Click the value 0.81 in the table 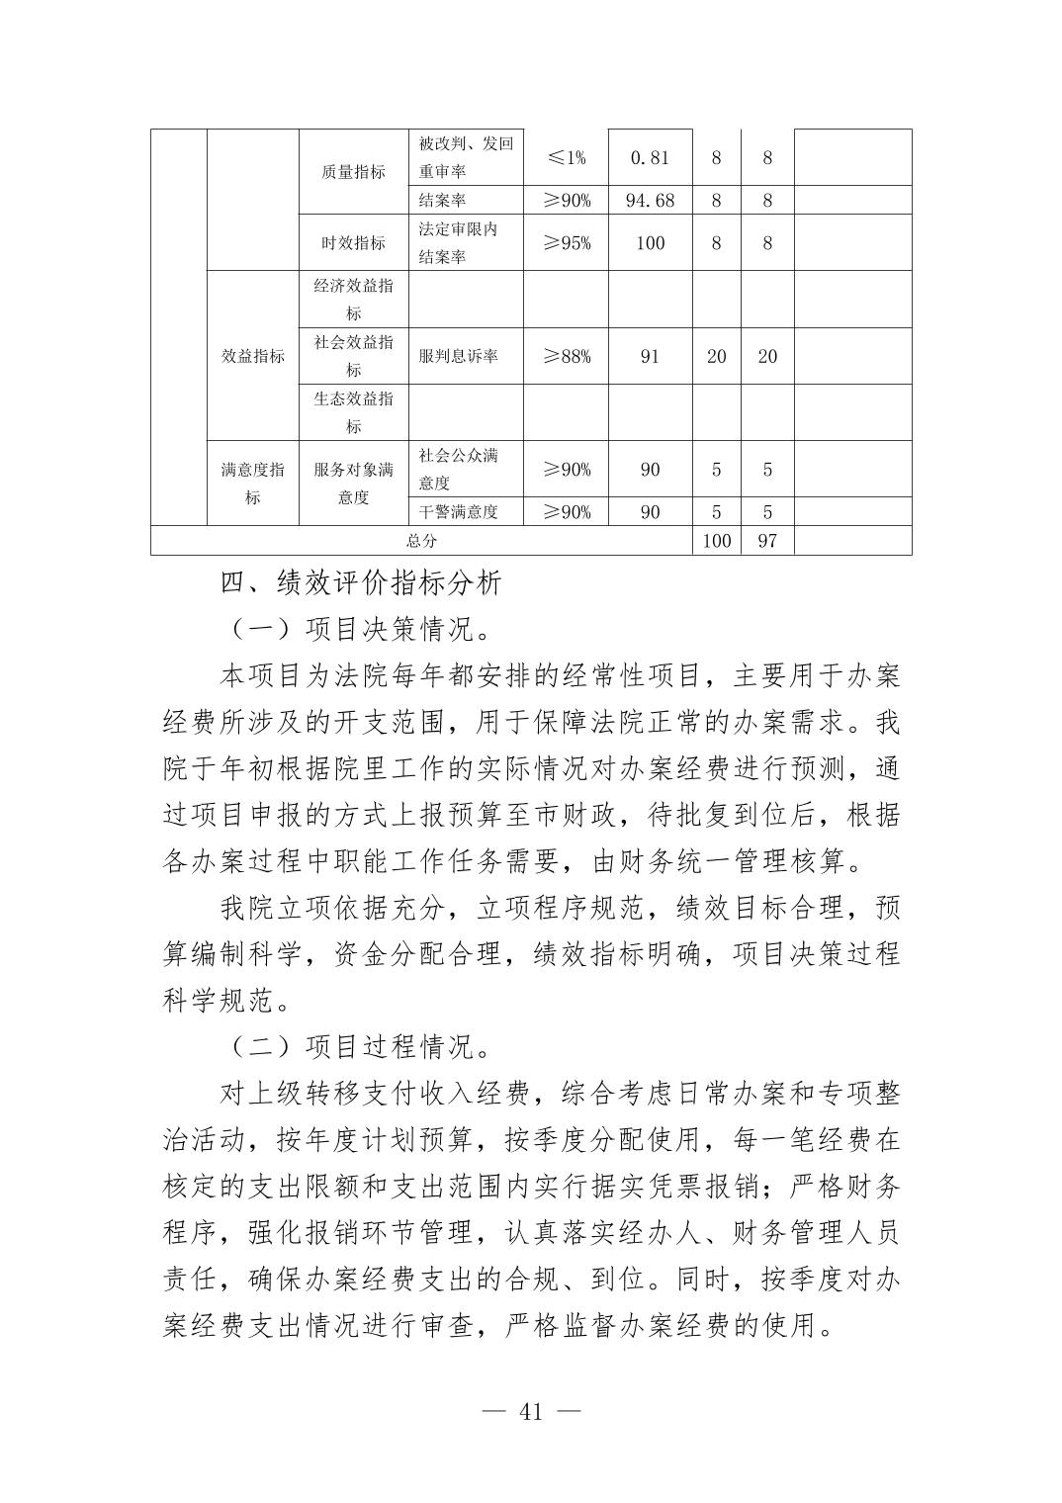650,157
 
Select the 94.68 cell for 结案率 650,201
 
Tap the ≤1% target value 567,157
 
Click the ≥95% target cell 567,243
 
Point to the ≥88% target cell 567,356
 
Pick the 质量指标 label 353,172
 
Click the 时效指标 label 353,243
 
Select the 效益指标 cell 252,356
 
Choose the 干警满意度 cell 458,512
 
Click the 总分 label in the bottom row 421,541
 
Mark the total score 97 767,541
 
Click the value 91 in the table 650,356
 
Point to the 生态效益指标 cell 353,412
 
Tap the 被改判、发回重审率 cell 465,157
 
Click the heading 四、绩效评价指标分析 361,582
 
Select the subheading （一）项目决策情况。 363,629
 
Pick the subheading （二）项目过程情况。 363,1046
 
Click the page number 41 531,1412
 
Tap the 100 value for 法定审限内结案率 650,243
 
